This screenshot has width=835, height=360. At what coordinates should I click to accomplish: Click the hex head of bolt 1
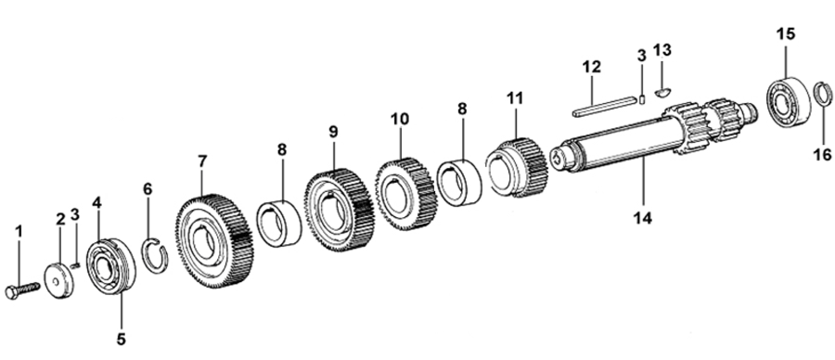(12, 293)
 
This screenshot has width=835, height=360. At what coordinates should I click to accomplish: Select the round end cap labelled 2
(58, 280)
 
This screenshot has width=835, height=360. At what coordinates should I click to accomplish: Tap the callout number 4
(96, 203)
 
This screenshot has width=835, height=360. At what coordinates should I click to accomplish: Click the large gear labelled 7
(214, 241)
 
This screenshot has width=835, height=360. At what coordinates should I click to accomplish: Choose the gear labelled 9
(340, 210)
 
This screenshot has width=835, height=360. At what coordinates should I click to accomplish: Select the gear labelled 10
(405, 193)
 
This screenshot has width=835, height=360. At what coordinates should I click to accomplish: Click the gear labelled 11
(517, 167)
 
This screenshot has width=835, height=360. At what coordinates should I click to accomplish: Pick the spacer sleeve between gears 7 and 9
(279, 224)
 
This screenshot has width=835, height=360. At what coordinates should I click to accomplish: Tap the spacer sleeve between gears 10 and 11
(459, 175)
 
